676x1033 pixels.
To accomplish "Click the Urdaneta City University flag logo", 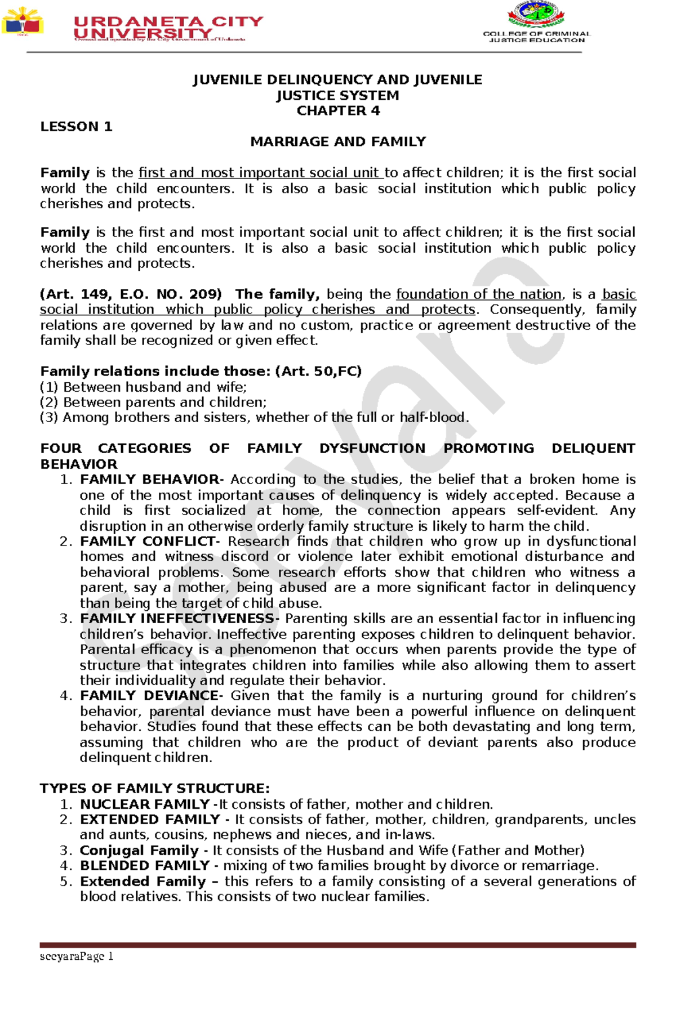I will [23, 21].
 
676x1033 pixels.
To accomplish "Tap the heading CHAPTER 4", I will [338, 111].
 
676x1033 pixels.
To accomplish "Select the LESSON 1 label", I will [76, 127].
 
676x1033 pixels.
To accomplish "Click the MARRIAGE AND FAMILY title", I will [338, 142].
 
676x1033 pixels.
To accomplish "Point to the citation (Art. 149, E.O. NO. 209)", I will [131, 294].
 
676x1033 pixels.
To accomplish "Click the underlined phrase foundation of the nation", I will [479, 294].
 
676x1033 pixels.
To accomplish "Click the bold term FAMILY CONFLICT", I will [148, 542].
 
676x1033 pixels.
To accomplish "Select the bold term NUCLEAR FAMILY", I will [145, 804].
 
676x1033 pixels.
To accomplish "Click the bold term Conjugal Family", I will [139, 851].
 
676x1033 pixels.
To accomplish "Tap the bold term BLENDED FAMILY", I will [145, 866].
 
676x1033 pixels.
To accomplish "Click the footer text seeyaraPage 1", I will [77, 956].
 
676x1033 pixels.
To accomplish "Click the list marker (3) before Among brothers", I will [49, 418].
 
